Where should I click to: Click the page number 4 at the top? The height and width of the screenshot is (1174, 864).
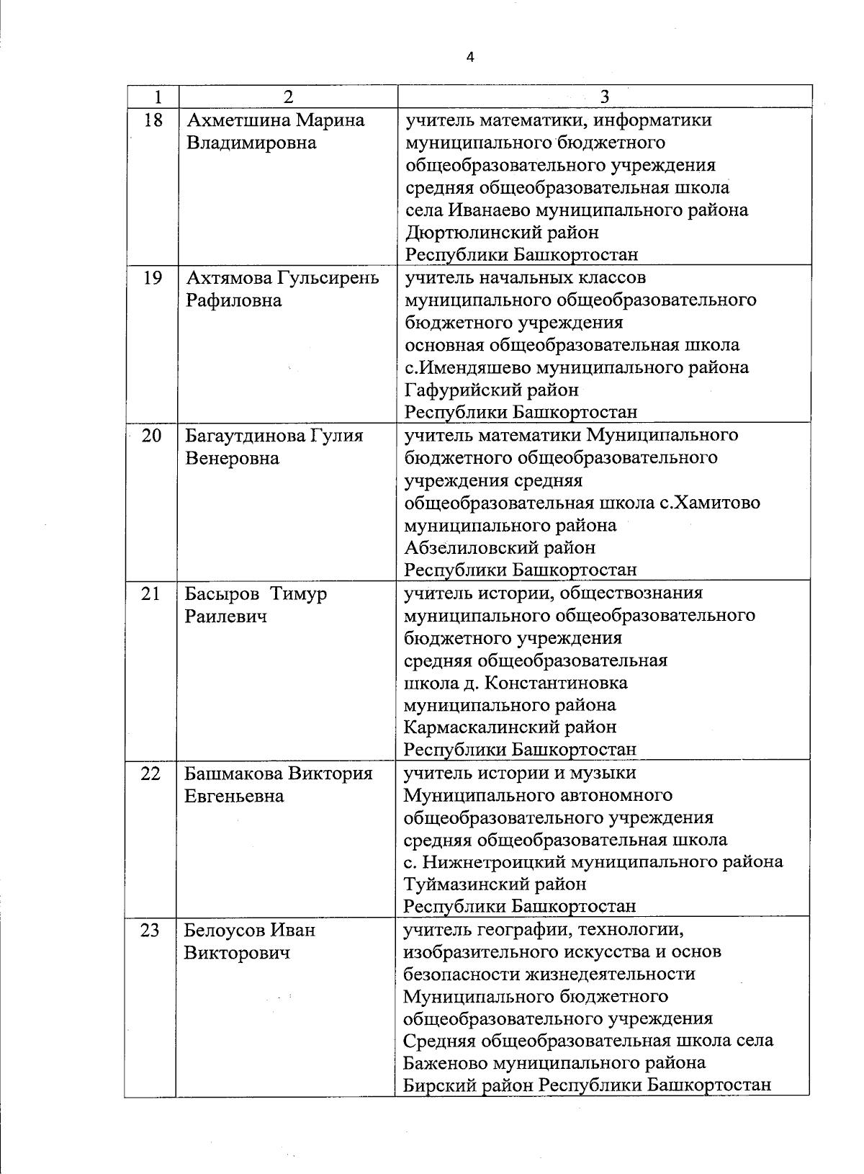click(470, 58)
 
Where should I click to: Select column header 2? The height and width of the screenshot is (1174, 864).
click(288, 97)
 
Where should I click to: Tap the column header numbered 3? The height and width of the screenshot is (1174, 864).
click(605, 97)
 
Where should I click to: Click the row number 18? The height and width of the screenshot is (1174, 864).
click(153, 120)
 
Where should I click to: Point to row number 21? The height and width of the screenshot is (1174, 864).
click(151, 594)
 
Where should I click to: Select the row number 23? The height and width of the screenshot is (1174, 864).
click(150, 931)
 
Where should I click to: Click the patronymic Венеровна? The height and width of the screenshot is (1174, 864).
click(232, 458)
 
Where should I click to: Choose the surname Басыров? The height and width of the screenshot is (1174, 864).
click(222, 594)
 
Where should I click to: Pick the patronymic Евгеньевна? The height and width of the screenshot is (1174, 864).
click(234, 796)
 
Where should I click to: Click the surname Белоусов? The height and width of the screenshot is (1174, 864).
click(225, 931)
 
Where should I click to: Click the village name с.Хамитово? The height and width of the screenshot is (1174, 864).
click(709, 503)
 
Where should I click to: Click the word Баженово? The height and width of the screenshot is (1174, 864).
click(446, 1063)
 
